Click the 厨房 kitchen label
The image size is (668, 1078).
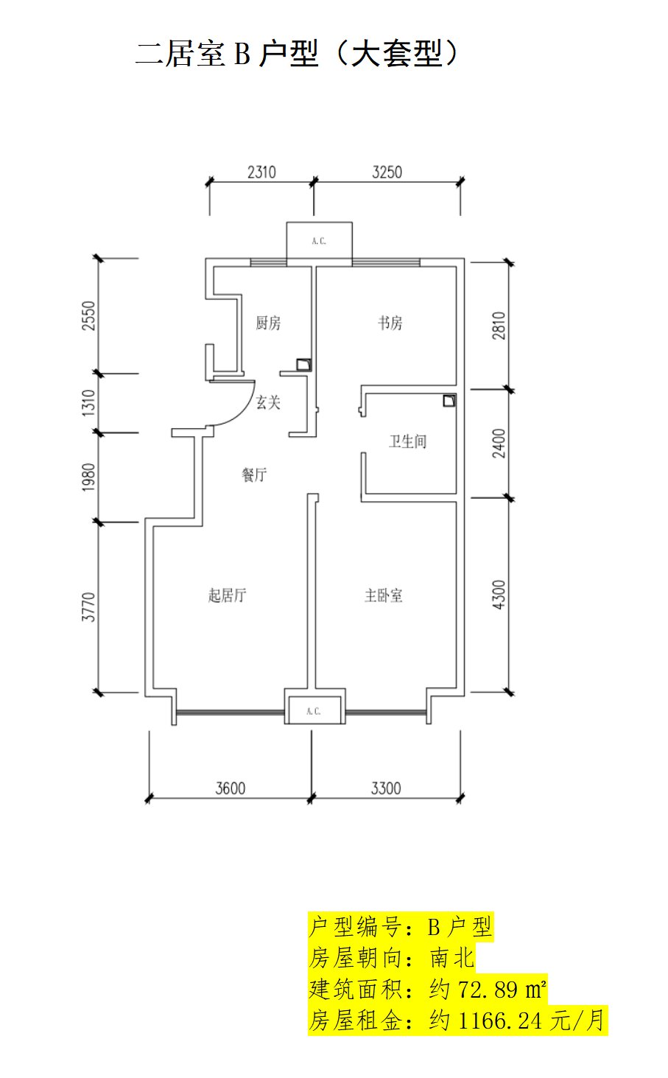pos(268,323)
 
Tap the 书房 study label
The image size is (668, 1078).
pos(390,323)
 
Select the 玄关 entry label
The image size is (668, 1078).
pos(268,402)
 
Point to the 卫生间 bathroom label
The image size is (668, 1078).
pos(408,441)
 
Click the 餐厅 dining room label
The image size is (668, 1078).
pos(254,475)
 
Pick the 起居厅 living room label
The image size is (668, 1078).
pos(227,595)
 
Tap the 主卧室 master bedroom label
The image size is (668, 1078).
pos(383,595)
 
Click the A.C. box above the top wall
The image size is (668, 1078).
pos(320,240)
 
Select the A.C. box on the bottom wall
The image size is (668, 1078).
pos(314,710)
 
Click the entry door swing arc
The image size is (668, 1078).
pos(243,413)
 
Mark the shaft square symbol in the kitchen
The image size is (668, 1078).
pos(303,364)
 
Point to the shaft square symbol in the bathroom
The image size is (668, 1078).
pos(449,400)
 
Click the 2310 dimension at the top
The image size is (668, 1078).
pos(261,172)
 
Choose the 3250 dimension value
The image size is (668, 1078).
pos(387,172)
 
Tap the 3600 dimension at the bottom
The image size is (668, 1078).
pos(231,788)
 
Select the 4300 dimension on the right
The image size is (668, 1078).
pos(499,595)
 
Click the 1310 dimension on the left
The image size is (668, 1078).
pos(89,403)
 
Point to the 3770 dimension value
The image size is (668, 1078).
pos(89,607)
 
